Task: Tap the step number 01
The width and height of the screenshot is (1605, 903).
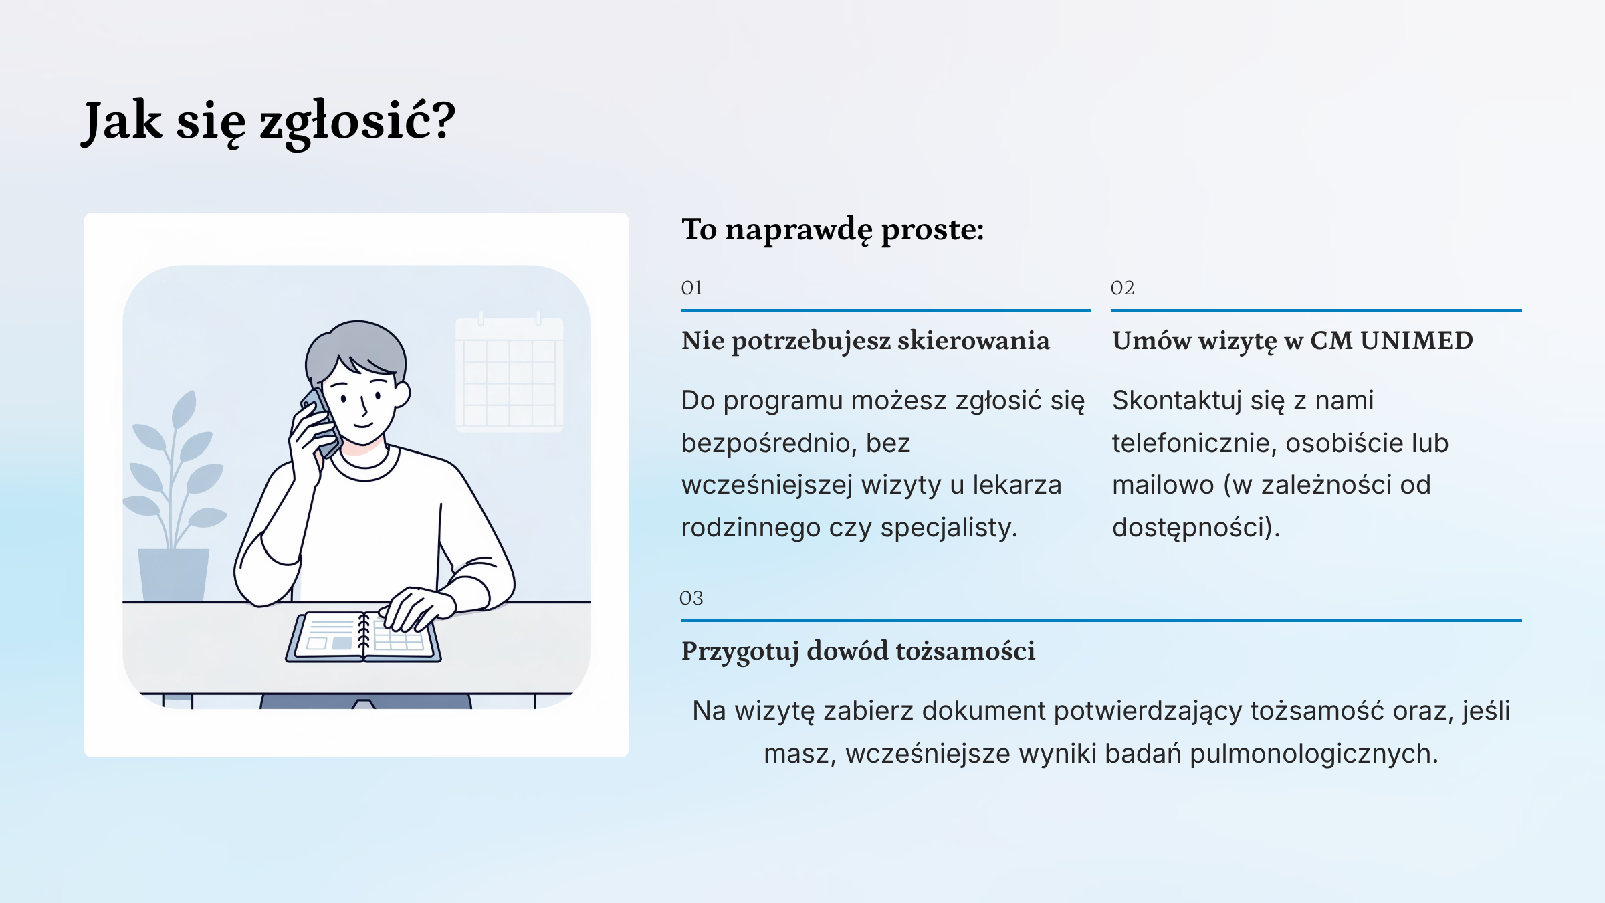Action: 691,288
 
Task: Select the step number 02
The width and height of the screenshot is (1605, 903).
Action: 1122,288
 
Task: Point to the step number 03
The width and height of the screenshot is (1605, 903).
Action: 691,598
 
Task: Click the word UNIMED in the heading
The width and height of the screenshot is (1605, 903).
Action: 1416,340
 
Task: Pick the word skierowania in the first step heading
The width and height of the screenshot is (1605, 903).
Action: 974,340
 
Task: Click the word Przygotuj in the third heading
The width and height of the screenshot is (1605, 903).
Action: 740,651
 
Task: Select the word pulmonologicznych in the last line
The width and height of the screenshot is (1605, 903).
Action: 1314,755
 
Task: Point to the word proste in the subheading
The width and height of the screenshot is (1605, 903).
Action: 933,230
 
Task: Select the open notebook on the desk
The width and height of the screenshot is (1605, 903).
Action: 363,637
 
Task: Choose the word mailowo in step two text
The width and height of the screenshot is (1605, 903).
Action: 1163,485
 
